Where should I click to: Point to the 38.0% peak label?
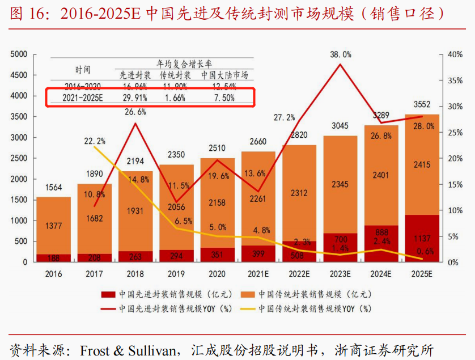click(x=341, y=54)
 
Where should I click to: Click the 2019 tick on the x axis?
click(x=176, y=273)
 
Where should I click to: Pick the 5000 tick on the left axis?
click(x=19, y=54)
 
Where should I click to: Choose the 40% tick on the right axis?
click(x=455, y=54)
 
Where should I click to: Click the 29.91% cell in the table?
click(x=135, y=98)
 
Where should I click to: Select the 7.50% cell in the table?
click(x=224, y=98)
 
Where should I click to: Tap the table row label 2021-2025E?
click(x=83, y=98)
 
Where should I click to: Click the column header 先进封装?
click(x=135, y=75)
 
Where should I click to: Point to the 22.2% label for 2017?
click(x=94, y=141)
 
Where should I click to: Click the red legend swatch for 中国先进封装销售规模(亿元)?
click(x=108, y=294)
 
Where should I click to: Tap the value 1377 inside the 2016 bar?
click(x=53, y=226)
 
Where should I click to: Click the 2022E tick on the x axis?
click(x=299, y=273)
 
